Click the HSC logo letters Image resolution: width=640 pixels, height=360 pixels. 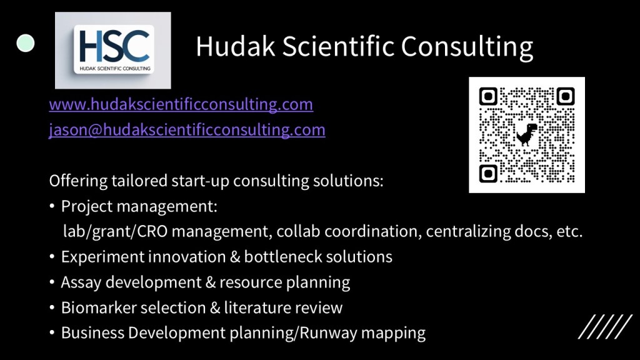tap(114, 46)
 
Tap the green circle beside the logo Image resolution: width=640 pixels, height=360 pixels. tap(25, 43)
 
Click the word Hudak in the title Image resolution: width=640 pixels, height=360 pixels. tap(236, 46)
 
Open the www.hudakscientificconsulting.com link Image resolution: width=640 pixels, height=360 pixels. tap(181, 104)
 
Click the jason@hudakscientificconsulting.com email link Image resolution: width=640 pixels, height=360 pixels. tap(187, 130)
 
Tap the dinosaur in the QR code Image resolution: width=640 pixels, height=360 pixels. tap(526, 134)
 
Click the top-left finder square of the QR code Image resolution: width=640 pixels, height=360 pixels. tap(488, 96)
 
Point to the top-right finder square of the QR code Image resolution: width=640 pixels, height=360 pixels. tap(565, 96)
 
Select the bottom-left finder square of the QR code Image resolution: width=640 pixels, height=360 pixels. tap(488, 174)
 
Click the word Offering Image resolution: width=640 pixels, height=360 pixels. tap(77, 181)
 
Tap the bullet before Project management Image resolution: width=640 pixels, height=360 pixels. tap(52, 206)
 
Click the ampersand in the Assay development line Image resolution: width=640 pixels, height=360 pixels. tap(211, 282)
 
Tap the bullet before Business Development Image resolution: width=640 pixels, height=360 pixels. tap(52, 332)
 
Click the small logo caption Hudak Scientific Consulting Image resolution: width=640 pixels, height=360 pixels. tap(115, 69)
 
